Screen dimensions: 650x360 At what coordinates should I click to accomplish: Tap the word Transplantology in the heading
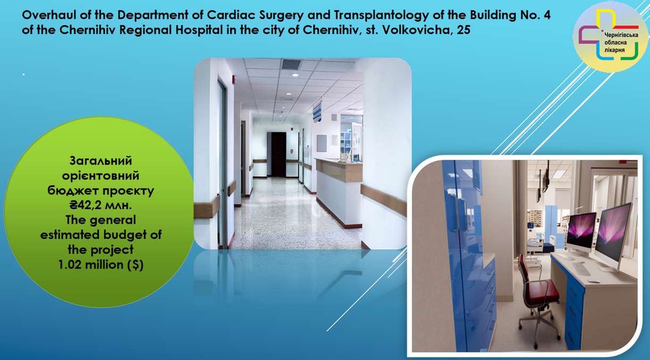[381, 15]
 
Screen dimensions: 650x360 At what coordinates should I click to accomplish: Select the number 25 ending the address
[463, 30]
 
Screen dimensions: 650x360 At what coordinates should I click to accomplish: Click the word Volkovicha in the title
[416, 30]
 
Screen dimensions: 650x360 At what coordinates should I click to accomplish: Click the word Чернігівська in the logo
[621, 35]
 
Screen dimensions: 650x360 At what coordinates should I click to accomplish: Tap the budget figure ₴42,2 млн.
[101, 206]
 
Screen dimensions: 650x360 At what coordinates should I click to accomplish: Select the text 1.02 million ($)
[101, 265]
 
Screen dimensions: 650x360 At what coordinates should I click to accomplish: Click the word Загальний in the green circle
[101, 161]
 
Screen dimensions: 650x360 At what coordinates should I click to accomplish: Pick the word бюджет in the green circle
[72, 191]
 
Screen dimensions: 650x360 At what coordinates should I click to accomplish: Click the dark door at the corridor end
[278, 154]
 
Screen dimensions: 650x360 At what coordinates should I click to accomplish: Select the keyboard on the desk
[581, 268]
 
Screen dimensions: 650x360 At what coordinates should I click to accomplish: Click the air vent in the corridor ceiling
[291, 64]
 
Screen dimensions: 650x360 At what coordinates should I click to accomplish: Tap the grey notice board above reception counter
[322, 143]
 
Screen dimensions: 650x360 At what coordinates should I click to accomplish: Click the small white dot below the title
[23, 75]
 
